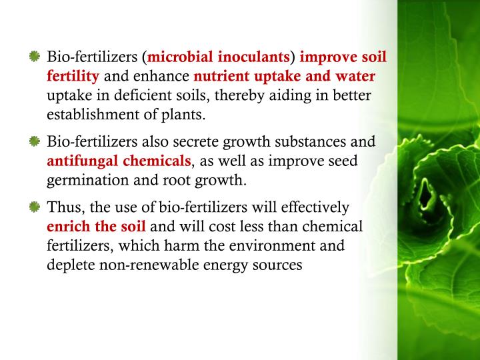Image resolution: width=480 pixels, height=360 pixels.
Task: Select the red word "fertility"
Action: (x=73, y=76)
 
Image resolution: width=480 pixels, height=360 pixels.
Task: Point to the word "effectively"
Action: (x=313, y=207)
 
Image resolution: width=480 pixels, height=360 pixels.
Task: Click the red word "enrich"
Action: (x=67, y=226)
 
